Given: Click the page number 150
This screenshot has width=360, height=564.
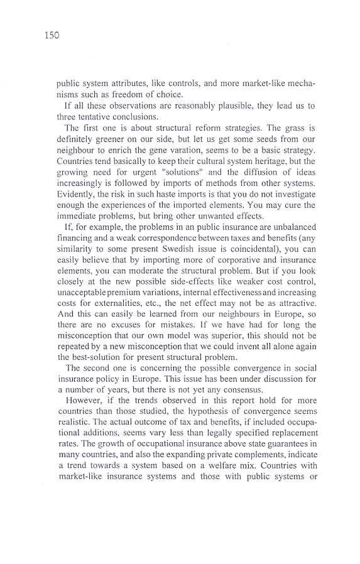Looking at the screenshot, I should tap(52, 35).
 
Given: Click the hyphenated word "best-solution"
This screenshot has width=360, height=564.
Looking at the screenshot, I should tap(90, 357).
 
